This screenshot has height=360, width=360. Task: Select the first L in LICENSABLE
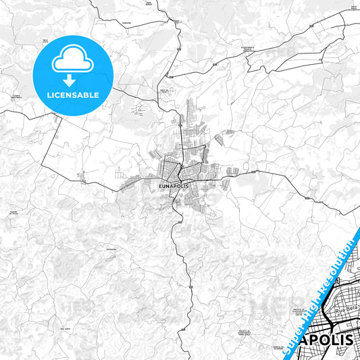49,95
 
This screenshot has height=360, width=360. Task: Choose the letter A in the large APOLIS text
306,338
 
